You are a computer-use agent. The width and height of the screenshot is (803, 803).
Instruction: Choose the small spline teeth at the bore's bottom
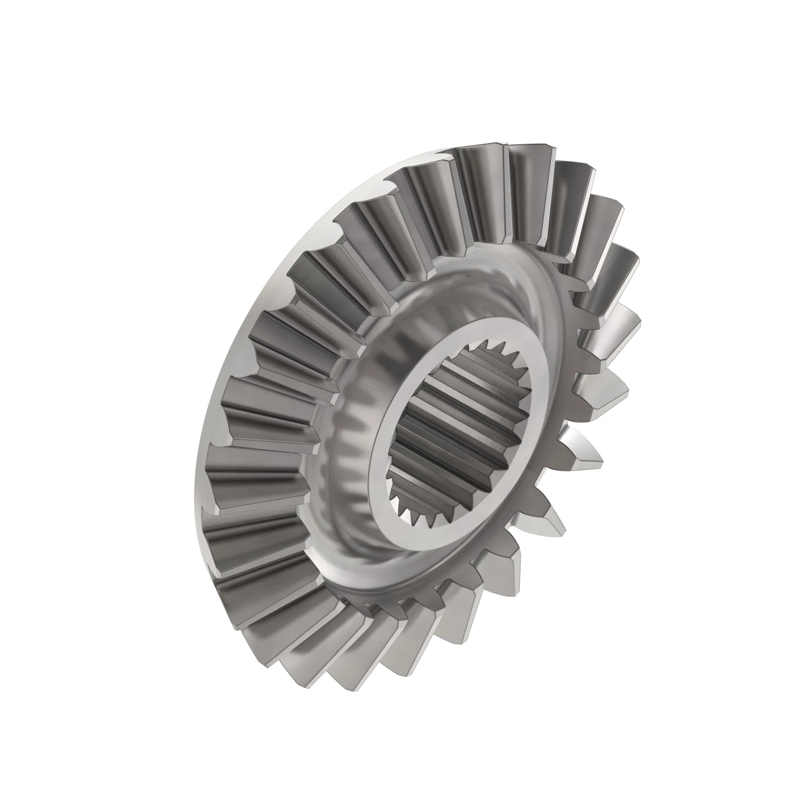click(x=416, y=516)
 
